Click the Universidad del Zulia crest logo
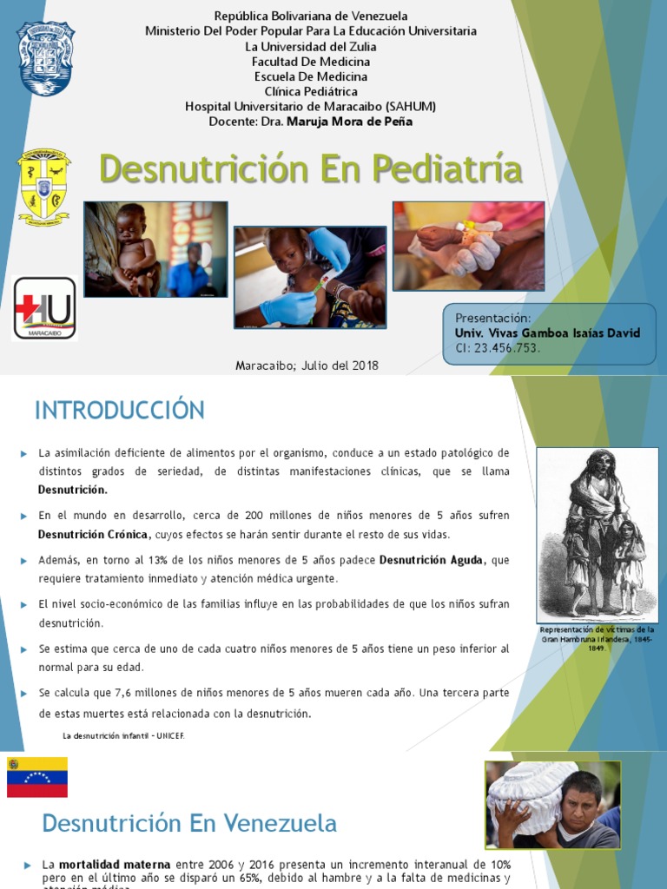(45, 58)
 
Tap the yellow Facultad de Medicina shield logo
(44, 185)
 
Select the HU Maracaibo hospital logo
(44, 308)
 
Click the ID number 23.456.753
(509, 348)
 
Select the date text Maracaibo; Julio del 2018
(307, 365)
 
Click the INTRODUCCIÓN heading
(120, 411)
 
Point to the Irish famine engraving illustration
(597, 534)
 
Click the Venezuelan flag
(37, 777)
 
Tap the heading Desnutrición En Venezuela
(189, 822)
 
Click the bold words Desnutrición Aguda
(430, 561)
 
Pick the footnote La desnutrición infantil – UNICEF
(123, 735)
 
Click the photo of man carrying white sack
(553, 804)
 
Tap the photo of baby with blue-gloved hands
(310, 277)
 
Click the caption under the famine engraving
(597, 638)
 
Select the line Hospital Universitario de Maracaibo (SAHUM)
(310, 106)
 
